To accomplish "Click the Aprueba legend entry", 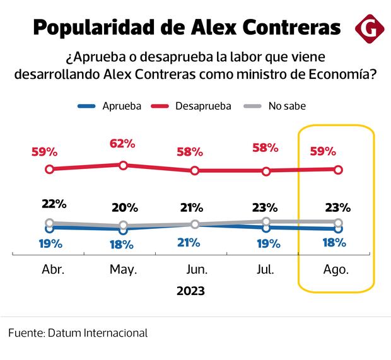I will pyautogui.click(x=122, y=106).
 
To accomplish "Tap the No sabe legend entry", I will pyautogui.click(x=287, y=106).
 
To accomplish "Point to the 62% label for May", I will pyautogui.click(x=123, y=143).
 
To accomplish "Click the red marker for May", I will pyautogui.click(x=124, y=165).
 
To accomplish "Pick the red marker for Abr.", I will pyautogui.click(x=49, y=169).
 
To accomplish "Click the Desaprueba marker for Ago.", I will pyautogui.click(x=338, y=169).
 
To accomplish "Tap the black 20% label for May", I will pyautogui.click(x=123, y=208).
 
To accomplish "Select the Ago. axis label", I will pyautogui.click(x=336, y=270).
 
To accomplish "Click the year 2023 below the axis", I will pyautogui.click(x=190, y=291).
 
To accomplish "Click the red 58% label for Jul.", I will pyautogui.click(x=265, y=148).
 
